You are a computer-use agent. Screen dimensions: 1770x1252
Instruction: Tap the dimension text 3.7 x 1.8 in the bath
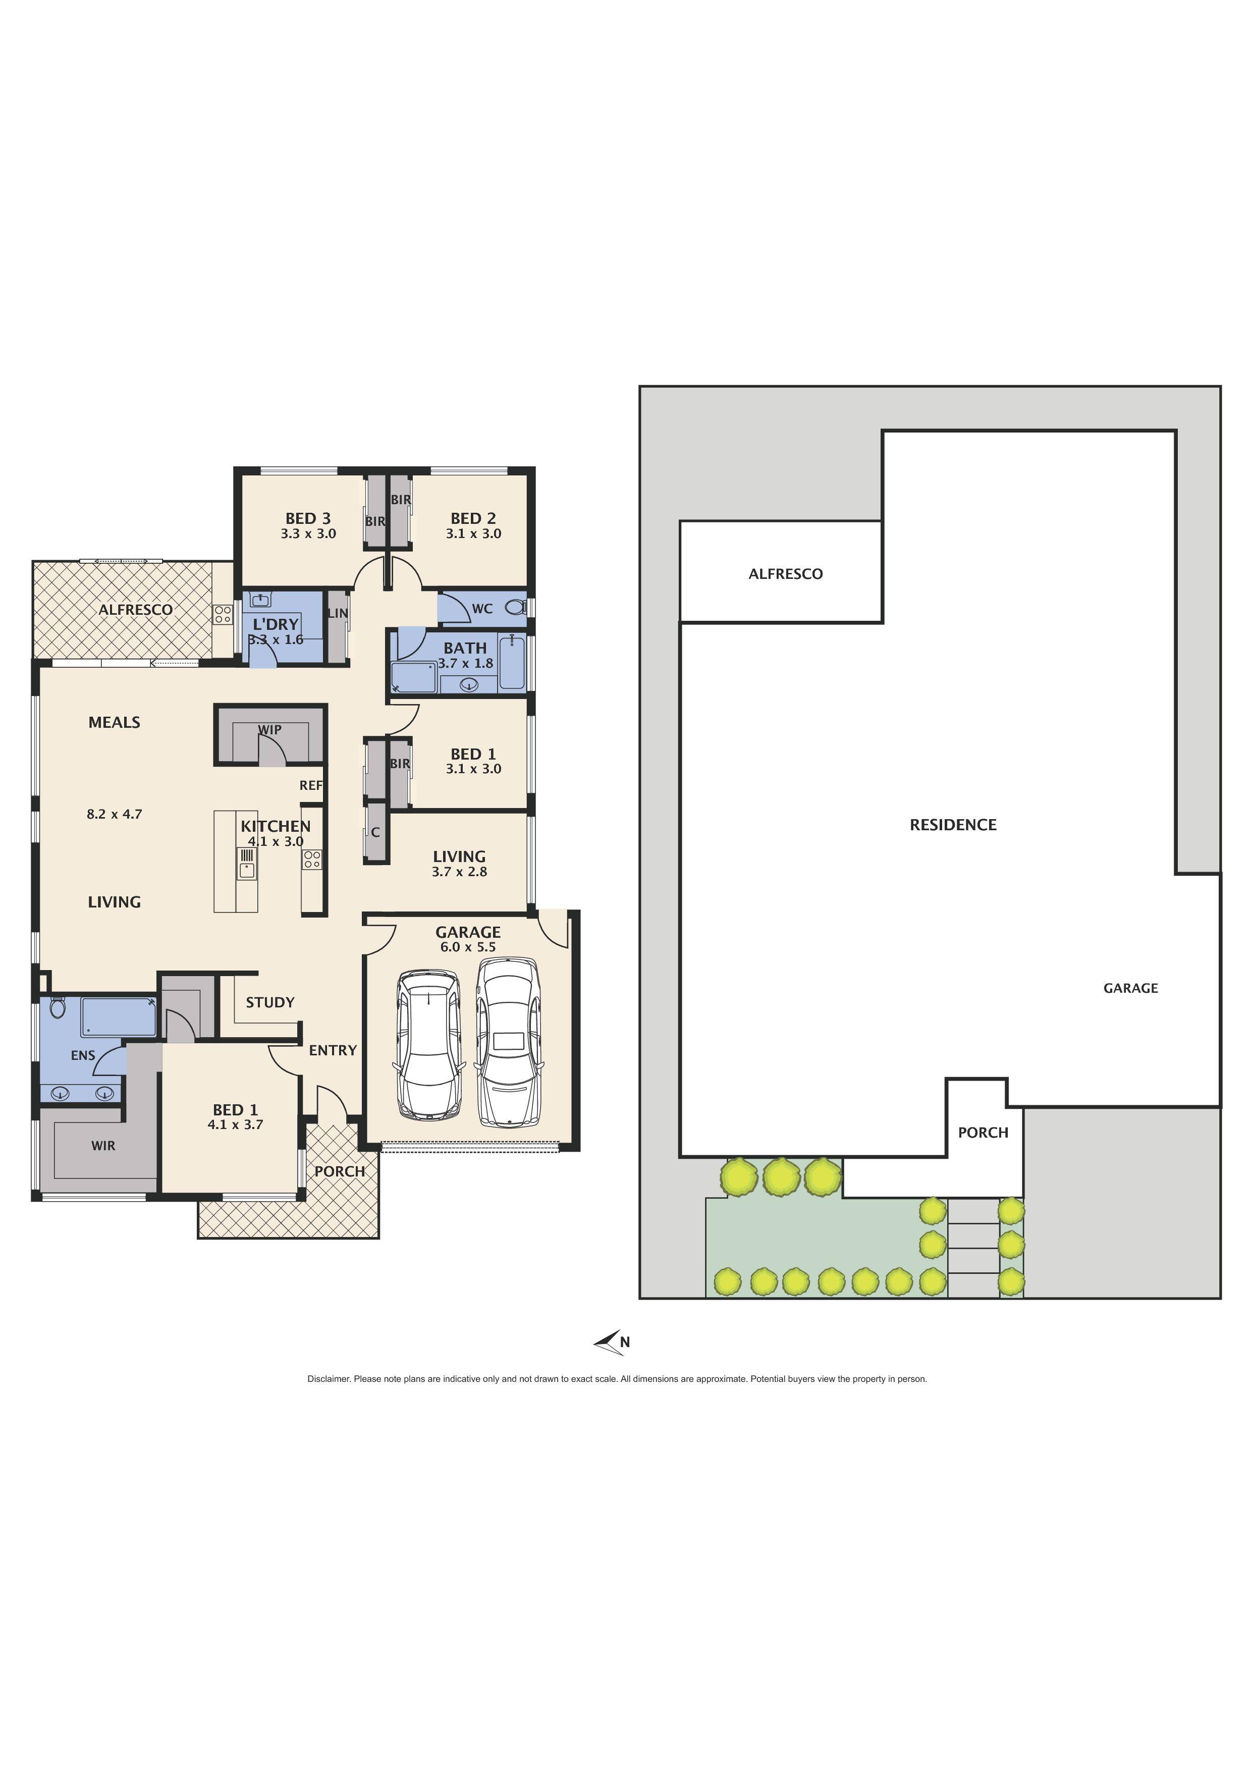coord(466,663)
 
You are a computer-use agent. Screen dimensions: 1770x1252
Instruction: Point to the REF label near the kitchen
coord(311,785)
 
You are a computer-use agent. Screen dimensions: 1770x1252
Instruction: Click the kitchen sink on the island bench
coord(247,870)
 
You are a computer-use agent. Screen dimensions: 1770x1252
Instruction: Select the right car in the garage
coord(509,1042)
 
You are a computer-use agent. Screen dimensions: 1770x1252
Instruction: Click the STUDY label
coord(270,1002)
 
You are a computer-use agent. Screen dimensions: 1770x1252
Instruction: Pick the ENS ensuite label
coord(82,1055)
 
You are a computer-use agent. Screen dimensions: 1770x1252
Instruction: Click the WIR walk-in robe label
coord(103,1146)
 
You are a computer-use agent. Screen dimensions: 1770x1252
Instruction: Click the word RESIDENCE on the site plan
coord(953,825)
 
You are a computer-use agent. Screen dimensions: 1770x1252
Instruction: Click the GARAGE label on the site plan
coord(1130,988)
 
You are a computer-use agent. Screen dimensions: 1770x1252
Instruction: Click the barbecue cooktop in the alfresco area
coord(223,614)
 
